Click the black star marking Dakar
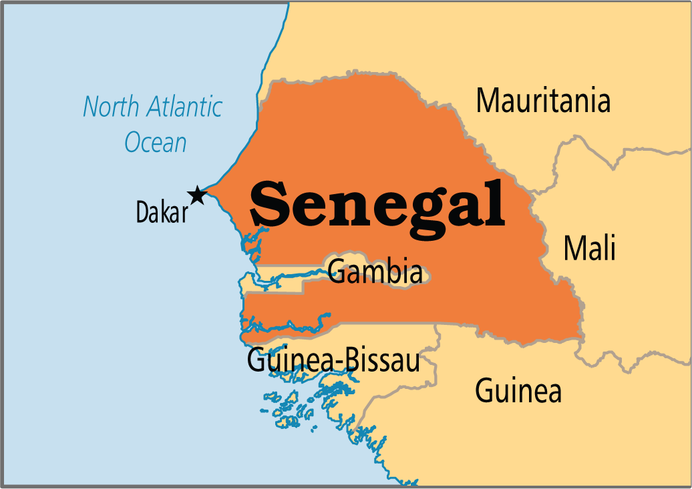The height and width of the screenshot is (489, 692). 196,195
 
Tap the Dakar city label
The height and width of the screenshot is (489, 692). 162,212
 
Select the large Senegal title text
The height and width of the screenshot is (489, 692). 377,204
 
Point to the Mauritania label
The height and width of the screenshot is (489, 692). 543,101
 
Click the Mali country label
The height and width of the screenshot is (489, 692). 589,248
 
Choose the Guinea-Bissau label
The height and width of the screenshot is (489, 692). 333,361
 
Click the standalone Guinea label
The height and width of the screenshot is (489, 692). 518,391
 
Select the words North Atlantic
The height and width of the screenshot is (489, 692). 153,107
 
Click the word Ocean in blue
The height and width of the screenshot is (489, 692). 156,143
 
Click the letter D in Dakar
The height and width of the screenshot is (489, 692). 142,212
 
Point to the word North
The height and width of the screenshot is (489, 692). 108,107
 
